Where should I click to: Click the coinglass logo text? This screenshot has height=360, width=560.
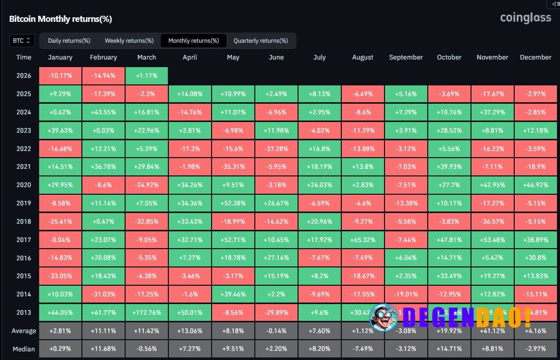pos(525,18)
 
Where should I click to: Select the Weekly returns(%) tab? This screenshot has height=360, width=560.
pos(129,41)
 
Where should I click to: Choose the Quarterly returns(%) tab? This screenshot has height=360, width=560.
pos(260,41)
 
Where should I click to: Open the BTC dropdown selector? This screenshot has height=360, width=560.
pos(22,41)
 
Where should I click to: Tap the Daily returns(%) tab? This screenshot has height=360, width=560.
pos(69,41)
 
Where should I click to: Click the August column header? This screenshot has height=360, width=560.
pos(363,57)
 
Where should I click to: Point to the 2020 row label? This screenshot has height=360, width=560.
pos(23,185)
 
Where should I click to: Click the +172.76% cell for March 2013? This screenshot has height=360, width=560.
pos(146,313)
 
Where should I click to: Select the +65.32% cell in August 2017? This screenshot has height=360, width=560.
pos(363,239)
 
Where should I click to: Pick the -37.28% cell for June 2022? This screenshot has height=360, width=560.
pos(276,148)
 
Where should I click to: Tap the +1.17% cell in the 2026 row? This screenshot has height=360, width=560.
pos(146,76)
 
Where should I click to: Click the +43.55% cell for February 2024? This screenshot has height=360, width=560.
pos(103,112)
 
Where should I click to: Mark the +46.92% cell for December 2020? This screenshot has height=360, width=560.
pos(536,185)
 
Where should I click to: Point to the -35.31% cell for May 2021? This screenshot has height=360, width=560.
pos(233,167)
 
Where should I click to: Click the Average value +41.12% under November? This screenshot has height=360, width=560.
pos(492,331)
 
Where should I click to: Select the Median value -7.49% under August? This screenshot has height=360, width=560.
pos(363,349)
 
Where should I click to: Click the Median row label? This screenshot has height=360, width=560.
pos(23,349)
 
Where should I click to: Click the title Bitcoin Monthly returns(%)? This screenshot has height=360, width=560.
pos(61,19)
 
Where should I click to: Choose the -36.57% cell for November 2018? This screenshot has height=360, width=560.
pos(492,221)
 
